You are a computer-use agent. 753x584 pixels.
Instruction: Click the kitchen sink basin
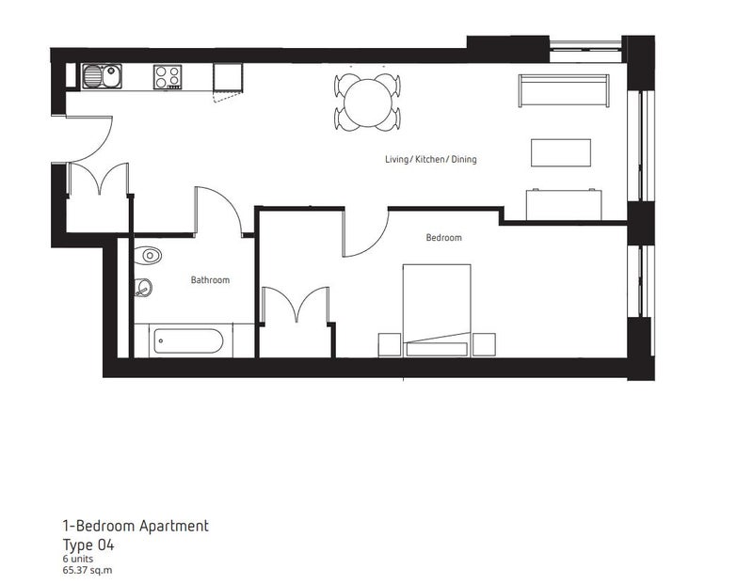(102, 76)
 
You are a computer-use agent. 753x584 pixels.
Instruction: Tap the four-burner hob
(168, 77)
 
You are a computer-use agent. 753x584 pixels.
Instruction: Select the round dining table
(367, 103)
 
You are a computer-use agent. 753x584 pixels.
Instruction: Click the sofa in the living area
(564, 90)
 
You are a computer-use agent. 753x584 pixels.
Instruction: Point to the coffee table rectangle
(560, 152)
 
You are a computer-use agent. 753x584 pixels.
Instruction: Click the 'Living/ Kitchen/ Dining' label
(431, 159)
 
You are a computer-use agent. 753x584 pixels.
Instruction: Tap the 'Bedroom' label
(443, 238)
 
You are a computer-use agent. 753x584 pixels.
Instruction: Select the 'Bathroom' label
(210, 279)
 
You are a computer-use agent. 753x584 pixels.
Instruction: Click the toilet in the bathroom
(148, 255)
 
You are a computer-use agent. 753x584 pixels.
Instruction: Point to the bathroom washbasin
(143, 288)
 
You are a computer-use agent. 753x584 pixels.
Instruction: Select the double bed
(437, 310)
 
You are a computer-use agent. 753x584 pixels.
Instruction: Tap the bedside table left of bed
(390, 345)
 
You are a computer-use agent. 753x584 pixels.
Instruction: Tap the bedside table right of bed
(484, 345)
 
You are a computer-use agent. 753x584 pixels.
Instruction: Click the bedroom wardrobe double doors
(295, 305)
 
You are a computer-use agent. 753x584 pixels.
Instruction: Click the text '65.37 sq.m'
(87, 570)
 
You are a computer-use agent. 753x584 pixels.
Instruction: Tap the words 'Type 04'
(88, 545)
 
